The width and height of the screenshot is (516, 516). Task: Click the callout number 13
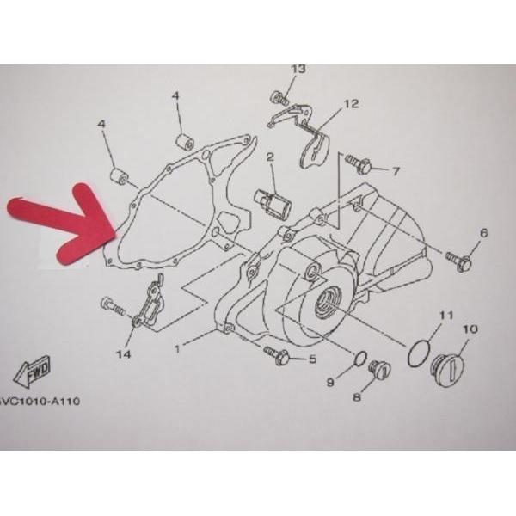coord(298,69)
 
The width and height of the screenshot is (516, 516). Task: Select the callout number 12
coord(351,104)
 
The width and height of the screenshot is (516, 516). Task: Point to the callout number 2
coord(270,157)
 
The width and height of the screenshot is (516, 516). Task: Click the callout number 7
coord(396,171)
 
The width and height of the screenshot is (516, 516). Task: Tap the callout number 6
coord(483,233)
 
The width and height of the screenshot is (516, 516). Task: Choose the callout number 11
coord(447,316)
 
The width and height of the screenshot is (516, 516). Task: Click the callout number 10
coord(470,329)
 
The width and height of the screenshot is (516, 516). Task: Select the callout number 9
coord(330,382)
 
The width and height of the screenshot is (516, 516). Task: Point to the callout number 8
coord(357,397)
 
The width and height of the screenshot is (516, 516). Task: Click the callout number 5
coord(311,359)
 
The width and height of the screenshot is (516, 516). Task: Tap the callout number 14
coord(123,354)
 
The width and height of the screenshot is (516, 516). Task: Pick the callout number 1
coord(177,349)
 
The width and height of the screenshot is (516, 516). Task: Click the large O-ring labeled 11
coord(419,353)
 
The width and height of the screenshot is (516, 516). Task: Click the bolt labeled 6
coord(458,260)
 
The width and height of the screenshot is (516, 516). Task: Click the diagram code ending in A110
coord(40,402)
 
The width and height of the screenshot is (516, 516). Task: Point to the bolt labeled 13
coord(279,98)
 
